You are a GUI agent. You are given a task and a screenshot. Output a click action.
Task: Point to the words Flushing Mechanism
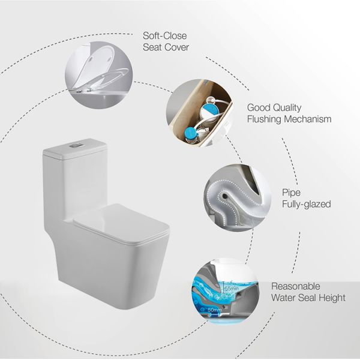pos(289,119)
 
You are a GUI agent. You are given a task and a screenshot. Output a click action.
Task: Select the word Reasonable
pos(296,286)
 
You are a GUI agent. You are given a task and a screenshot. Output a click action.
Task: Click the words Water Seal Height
pos(308,298)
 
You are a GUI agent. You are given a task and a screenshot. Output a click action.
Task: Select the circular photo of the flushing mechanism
pos(197,115)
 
